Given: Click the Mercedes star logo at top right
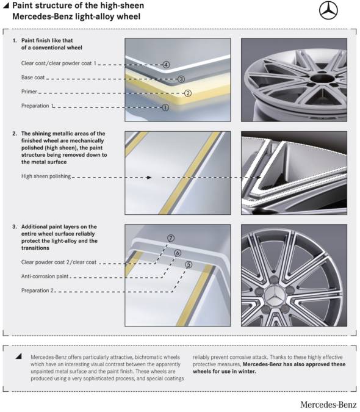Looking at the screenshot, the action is pos(328,10).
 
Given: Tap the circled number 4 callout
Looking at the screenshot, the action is pos(166,65).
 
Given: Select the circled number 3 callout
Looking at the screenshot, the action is pos(181,79).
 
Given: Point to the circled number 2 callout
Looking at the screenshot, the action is pos(188,93).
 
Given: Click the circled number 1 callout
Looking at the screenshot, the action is pos(165,107).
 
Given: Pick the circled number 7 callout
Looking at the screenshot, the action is pos(171,238).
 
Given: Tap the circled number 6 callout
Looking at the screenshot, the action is pos(178,253).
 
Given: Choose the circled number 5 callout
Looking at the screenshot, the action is pos(189,264).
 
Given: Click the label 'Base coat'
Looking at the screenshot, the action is pos(33,78).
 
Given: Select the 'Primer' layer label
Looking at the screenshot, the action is pos(29,92).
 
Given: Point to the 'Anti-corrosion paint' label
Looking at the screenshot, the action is pos(45,276).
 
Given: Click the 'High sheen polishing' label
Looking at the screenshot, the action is pos(46,176).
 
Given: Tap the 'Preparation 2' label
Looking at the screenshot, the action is pos(37,291).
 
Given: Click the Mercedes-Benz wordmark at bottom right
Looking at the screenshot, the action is pos(328,405).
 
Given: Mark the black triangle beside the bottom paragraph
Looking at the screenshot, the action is pos(18,356).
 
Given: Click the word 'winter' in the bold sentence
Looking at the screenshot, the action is pos(248,372).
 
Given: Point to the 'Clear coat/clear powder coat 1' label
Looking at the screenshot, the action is pos(59,63).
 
